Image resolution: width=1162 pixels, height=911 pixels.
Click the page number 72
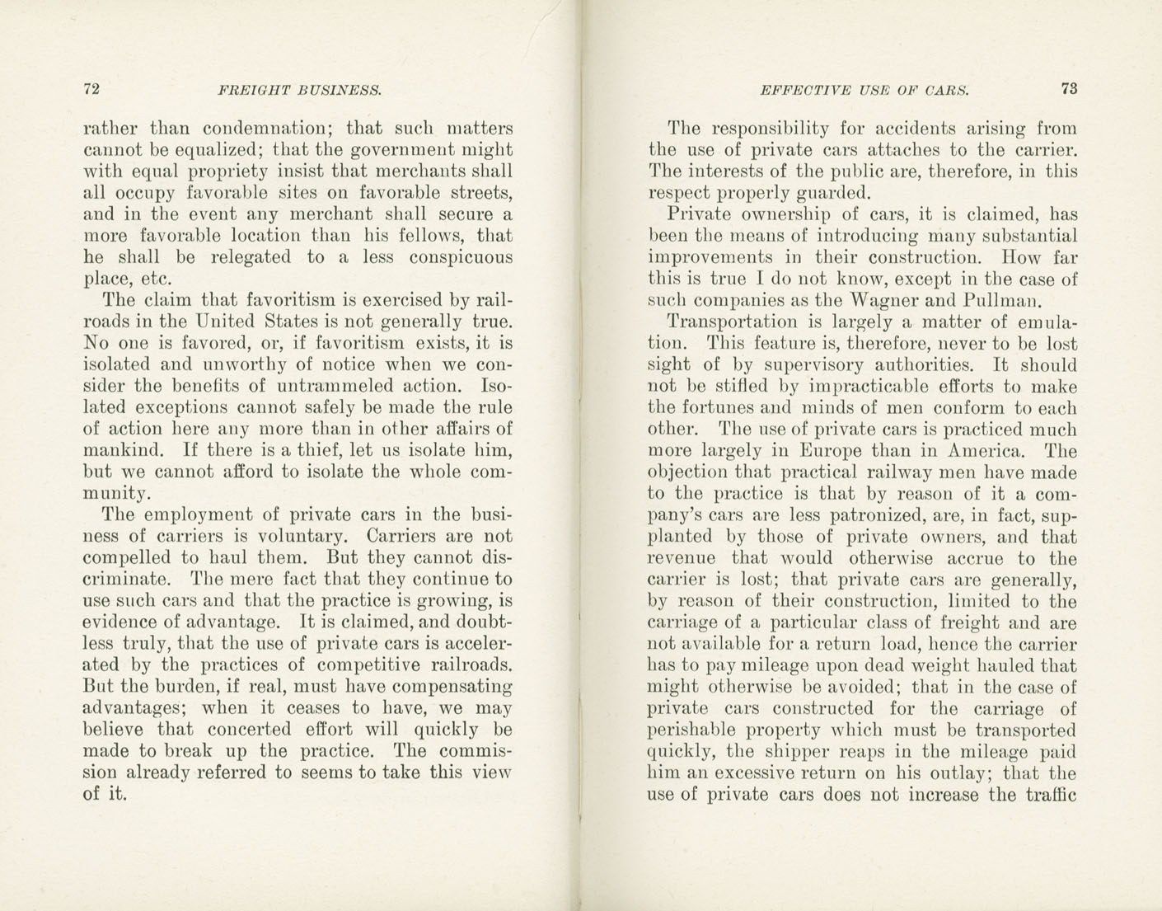[92, 90]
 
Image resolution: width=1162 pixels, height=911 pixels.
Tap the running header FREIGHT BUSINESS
[299, 91]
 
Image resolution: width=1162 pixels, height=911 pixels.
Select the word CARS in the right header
[945, 91]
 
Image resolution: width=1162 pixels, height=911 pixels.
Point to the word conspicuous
[452, 257]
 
